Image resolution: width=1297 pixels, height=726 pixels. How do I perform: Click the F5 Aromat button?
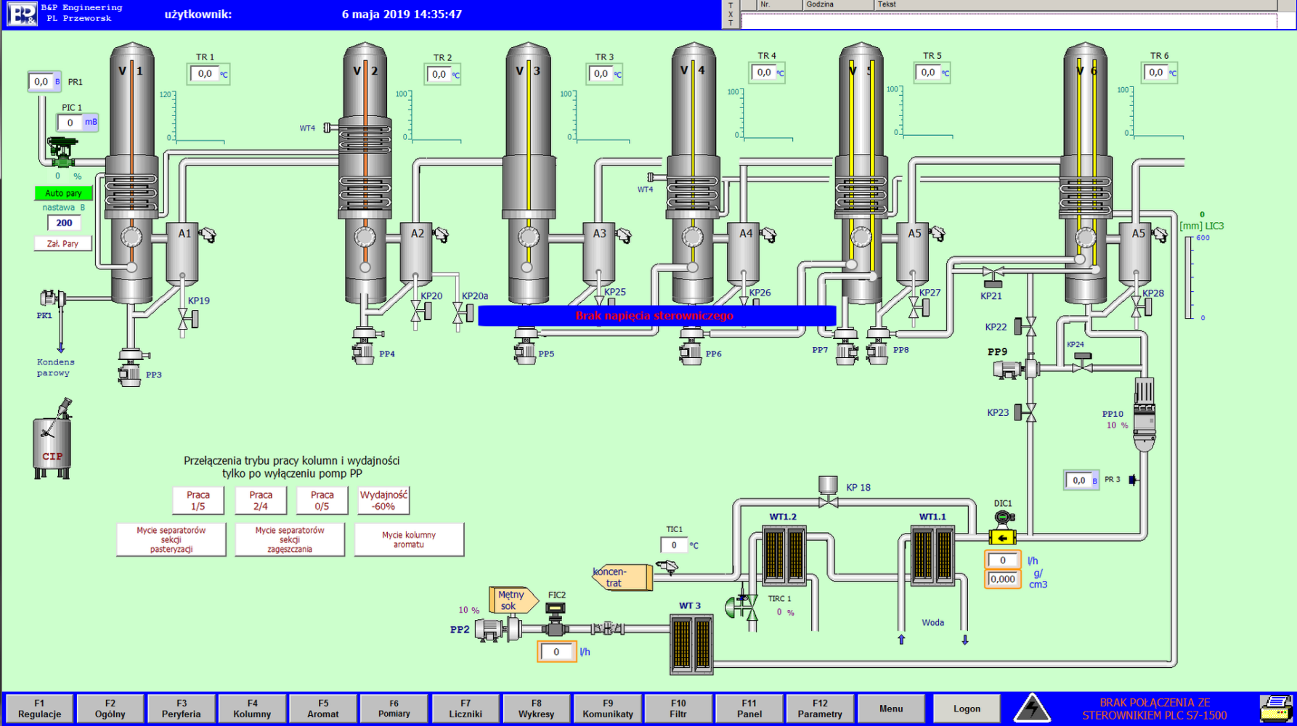point(323,709)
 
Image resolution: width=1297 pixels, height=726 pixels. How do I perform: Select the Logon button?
point(967,709)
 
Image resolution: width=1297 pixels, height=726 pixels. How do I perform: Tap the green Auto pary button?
point(63,193)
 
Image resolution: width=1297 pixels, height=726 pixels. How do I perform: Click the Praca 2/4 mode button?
point(261,500)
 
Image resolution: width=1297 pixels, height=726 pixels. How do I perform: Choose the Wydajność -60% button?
point(383,500)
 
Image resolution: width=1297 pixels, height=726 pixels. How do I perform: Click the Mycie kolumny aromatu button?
point(409,539)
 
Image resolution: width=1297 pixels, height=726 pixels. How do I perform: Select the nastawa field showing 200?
point(64,223)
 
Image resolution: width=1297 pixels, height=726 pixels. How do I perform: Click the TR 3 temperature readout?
point(601,74)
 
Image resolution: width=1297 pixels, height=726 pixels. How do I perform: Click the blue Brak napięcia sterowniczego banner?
point(656,316)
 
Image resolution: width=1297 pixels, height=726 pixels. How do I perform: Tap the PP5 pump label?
point(546,354)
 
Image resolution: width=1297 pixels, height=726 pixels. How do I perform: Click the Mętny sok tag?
point(511,600)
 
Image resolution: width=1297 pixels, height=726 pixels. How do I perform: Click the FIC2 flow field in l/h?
point(556,652)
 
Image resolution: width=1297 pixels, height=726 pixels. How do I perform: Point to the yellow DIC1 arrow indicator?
point(1002,538)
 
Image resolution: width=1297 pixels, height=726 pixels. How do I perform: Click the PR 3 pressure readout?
point(1079,480)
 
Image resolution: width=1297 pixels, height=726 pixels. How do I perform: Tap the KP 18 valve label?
point(858,488)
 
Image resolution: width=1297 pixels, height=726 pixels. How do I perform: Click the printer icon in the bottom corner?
point(1275,709)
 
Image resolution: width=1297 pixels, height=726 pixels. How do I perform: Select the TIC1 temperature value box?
point(674,545)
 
